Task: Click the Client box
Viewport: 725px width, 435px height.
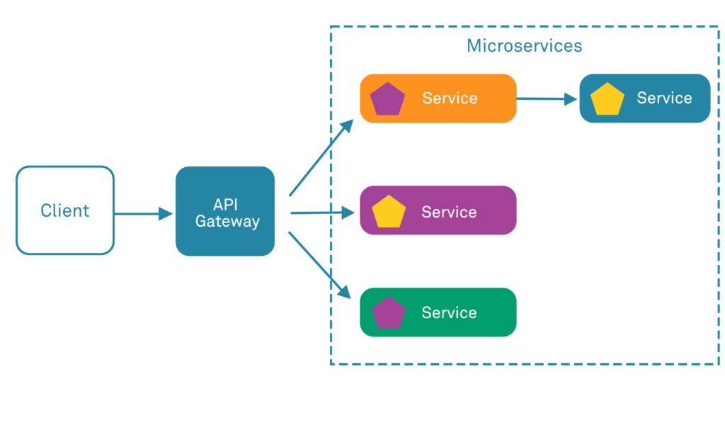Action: pos(65,210)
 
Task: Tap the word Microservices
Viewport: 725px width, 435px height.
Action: pos(524,46)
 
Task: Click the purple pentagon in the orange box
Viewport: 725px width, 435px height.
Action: pos(388,99)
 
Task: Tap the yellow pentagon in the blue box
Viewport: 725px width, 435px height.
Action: pos(607,99)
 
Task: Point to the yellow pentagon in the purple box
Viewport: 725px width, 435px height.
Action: pos(388,212)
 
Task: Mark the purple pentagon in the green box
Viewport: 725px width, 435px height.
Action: pos(388,313)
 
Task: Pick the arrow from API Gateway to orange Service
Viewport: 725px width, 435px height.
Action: pos(321,158)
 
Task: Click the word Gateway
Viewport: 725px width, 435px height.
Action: pos(227,221)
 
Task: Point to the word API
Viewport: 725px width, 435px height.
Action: pos(227,204)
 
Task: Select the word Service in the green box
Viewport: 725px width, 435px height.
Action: pos(449,312)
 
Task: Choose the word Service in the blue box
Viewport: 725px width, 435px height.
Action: pos(664,98)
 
